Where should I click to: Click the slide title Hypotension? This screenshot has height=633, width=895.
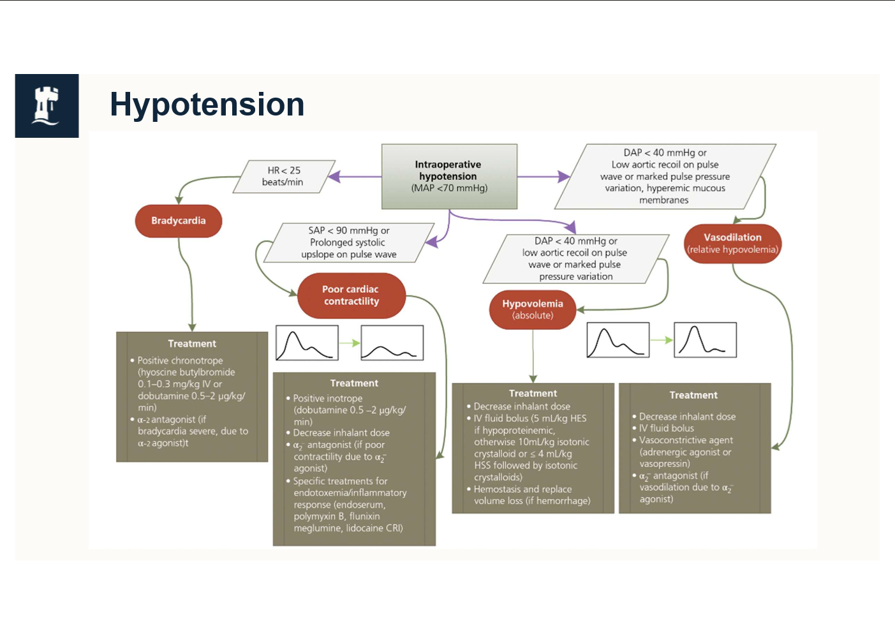207,105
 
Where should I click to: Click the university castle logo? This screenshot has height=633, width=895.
47,105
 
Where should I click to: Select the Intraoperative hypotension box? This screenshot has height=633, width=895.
449,176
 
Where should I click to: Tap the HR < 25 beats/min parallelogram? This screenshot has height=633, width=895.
284,176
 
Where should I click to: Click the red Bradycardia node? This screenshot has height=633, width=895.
179,221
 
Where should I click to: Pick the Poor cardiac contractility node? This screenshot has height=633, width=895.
351,295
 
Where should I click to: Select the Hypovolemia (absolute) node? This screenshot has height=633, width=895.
533,309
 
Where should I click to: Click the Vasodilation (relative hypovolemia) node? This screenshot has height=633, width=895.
732,243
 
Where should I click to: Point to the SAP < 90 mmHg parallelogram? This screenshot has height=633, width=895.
349,242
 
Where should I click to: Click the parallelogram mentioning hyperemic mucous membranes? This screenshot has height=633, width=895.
665,176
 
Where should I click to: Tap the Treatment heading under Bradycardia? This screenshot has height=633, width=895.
192,344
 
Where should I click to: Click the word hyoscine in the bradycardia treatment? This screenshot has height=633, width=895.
161,372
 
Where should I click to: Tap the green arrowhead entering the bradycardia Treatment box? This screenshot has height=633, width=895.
192,327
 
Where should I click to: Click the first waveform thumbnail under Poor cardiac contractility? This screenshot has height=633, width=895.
307,343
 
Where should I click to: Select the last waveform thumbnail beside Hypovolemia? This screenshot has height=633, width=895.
705,339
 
